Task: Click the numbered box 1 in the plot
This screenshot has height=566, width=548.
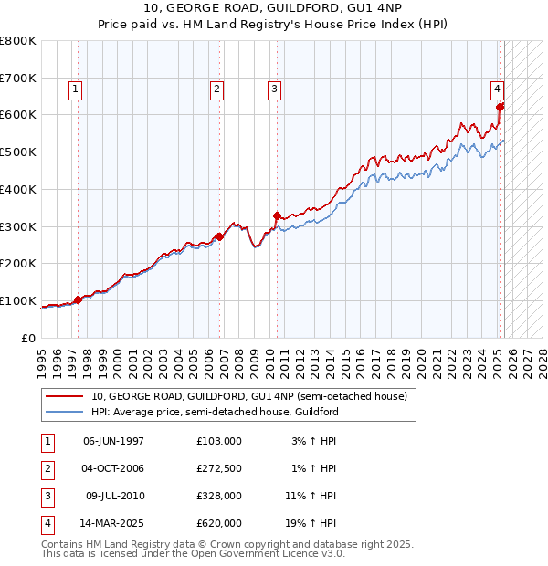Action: (74, 89)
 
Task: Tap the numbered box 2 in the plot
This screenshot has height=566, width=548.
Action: (216, 89)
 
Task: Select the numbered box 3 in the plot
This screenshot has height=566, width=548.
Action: (274, 89)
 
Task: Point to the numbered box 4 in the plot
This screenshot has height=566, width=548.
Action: (496, 89)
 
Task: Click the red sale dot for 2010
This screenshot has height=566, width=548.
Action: (277, 216)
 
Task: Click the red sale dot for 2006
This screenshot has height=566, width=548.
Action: (220, 236)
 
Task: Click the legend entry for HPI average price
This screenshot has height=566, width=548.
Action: (215, 412)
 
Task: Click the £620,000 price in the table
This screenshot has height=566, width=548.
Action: (219, 523)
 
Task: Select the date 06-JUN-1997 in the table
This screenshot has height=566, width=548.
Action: (113, 441)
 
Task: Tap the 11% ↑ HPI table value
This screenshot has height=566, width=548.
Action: (313, 496)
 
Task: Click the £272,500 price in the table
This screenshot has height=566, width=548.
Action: (219, 468)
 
